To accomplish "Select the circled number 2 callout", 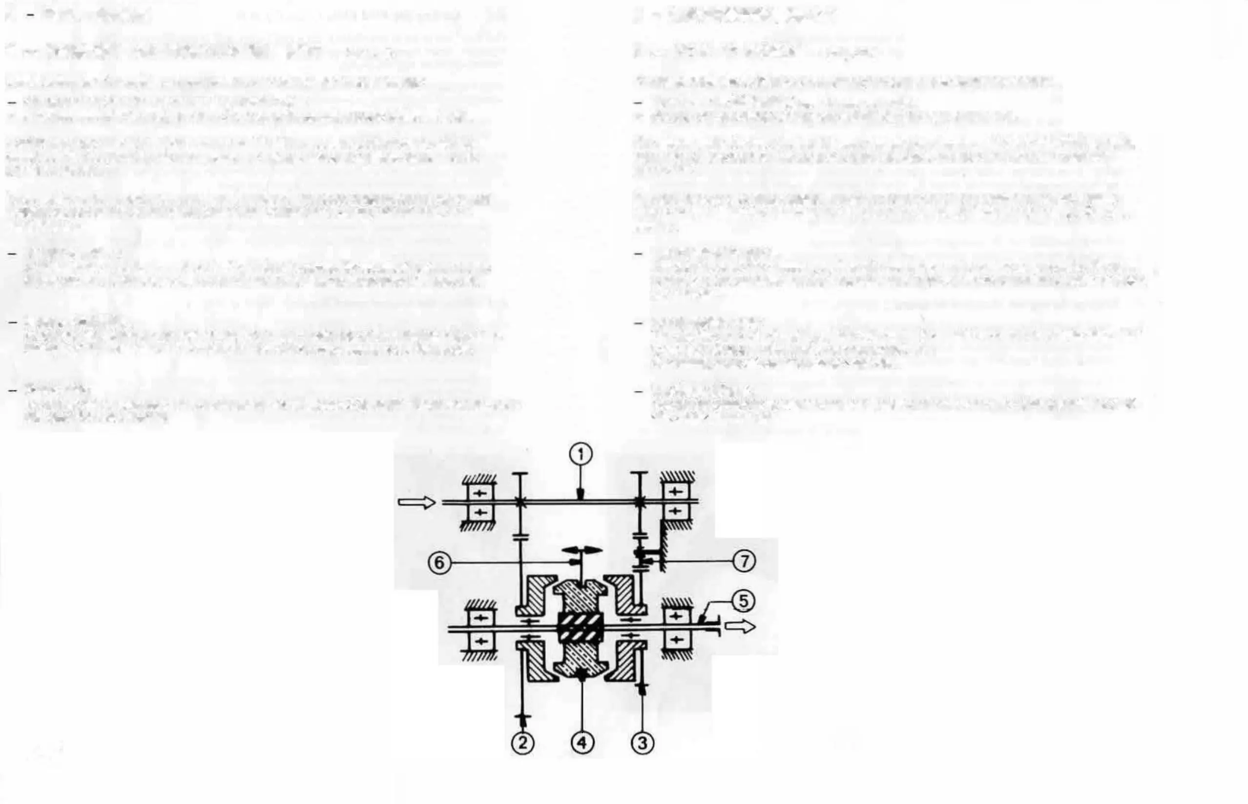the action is click(523, 743).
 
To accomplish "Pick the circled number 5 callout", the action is click(743, 601).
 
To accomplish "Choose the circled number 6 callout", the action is click(439, 562).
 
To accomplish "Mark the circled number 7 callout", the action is click(744, 561).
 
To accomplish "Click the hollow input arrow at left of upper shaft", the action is click(416, 503).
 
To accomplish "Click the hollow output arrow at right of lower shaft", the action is click(740, 626).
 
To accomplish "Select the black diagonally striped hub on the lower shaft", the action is click(581, 627).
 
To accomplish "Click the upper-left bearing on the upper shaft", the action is click(480, 502).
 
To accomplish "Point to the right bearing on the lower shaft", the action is click(676, 628).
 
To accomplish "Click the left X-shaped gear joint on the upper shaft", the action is click(520, 502).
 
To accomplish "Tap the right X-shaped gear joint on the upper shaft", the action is click(640, 502).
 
